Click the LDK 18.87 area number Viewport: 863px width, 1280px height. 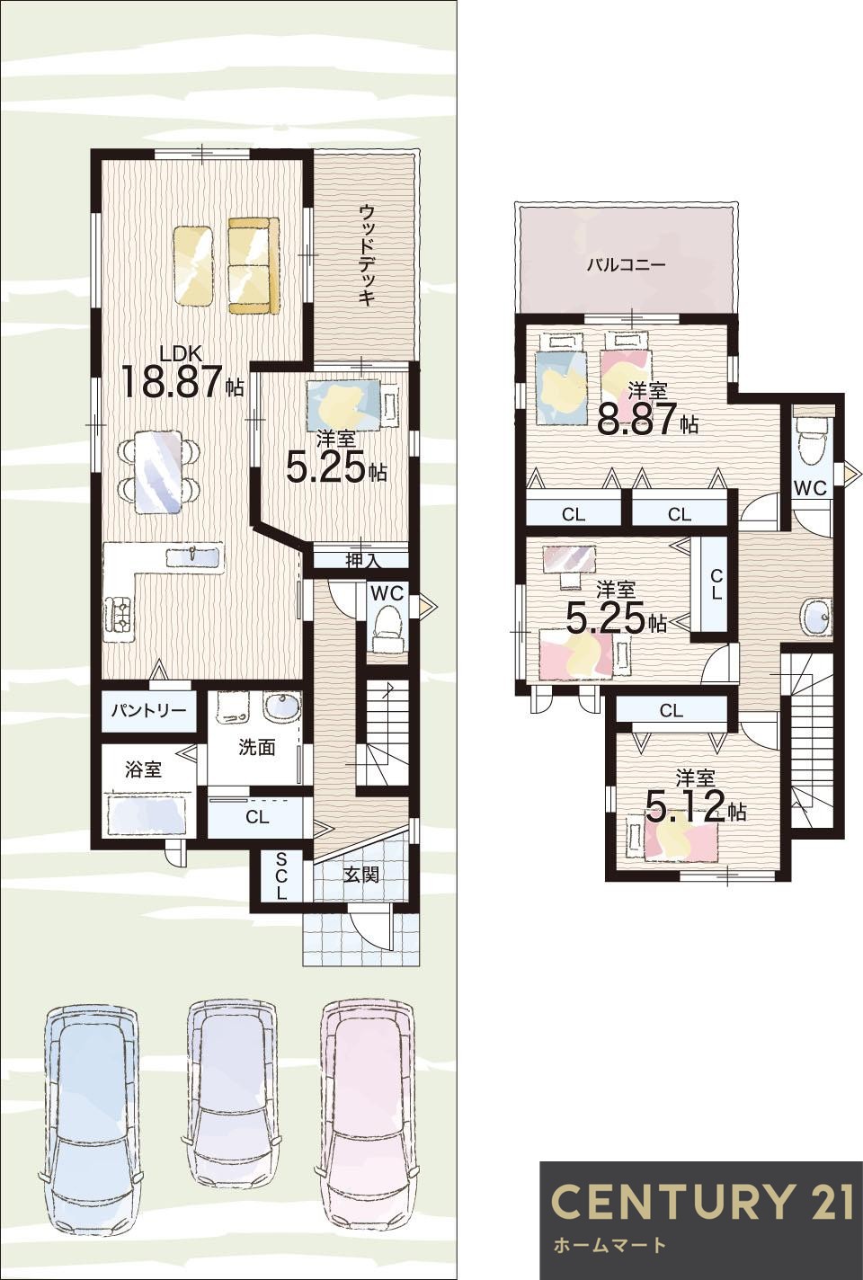pyautogui.click(x=172, y=382)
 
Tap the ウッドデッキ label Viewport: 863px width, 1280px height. pyautogui.click(x=367, y=255)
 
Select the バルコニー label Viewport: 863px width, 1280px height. pyautogui.click(x=627, y=264)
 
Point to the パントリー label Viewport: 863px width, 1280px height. pyautogui.click(x=148, y=711)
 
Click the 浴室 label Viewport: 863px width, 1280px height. pyautogui.click(x=144, y=769)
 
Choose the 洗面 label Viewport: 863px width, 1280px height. pyautogui.click(x=256, y=747)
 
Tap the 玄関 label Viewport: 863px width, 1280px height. pyautogui.click(x=361, y=875)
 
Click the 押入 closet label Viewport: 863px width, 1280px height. pyautogui.click(x=362, y=560)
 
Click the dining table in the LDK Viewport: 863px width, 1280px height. pyautogui.click(x=158, y=464)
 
